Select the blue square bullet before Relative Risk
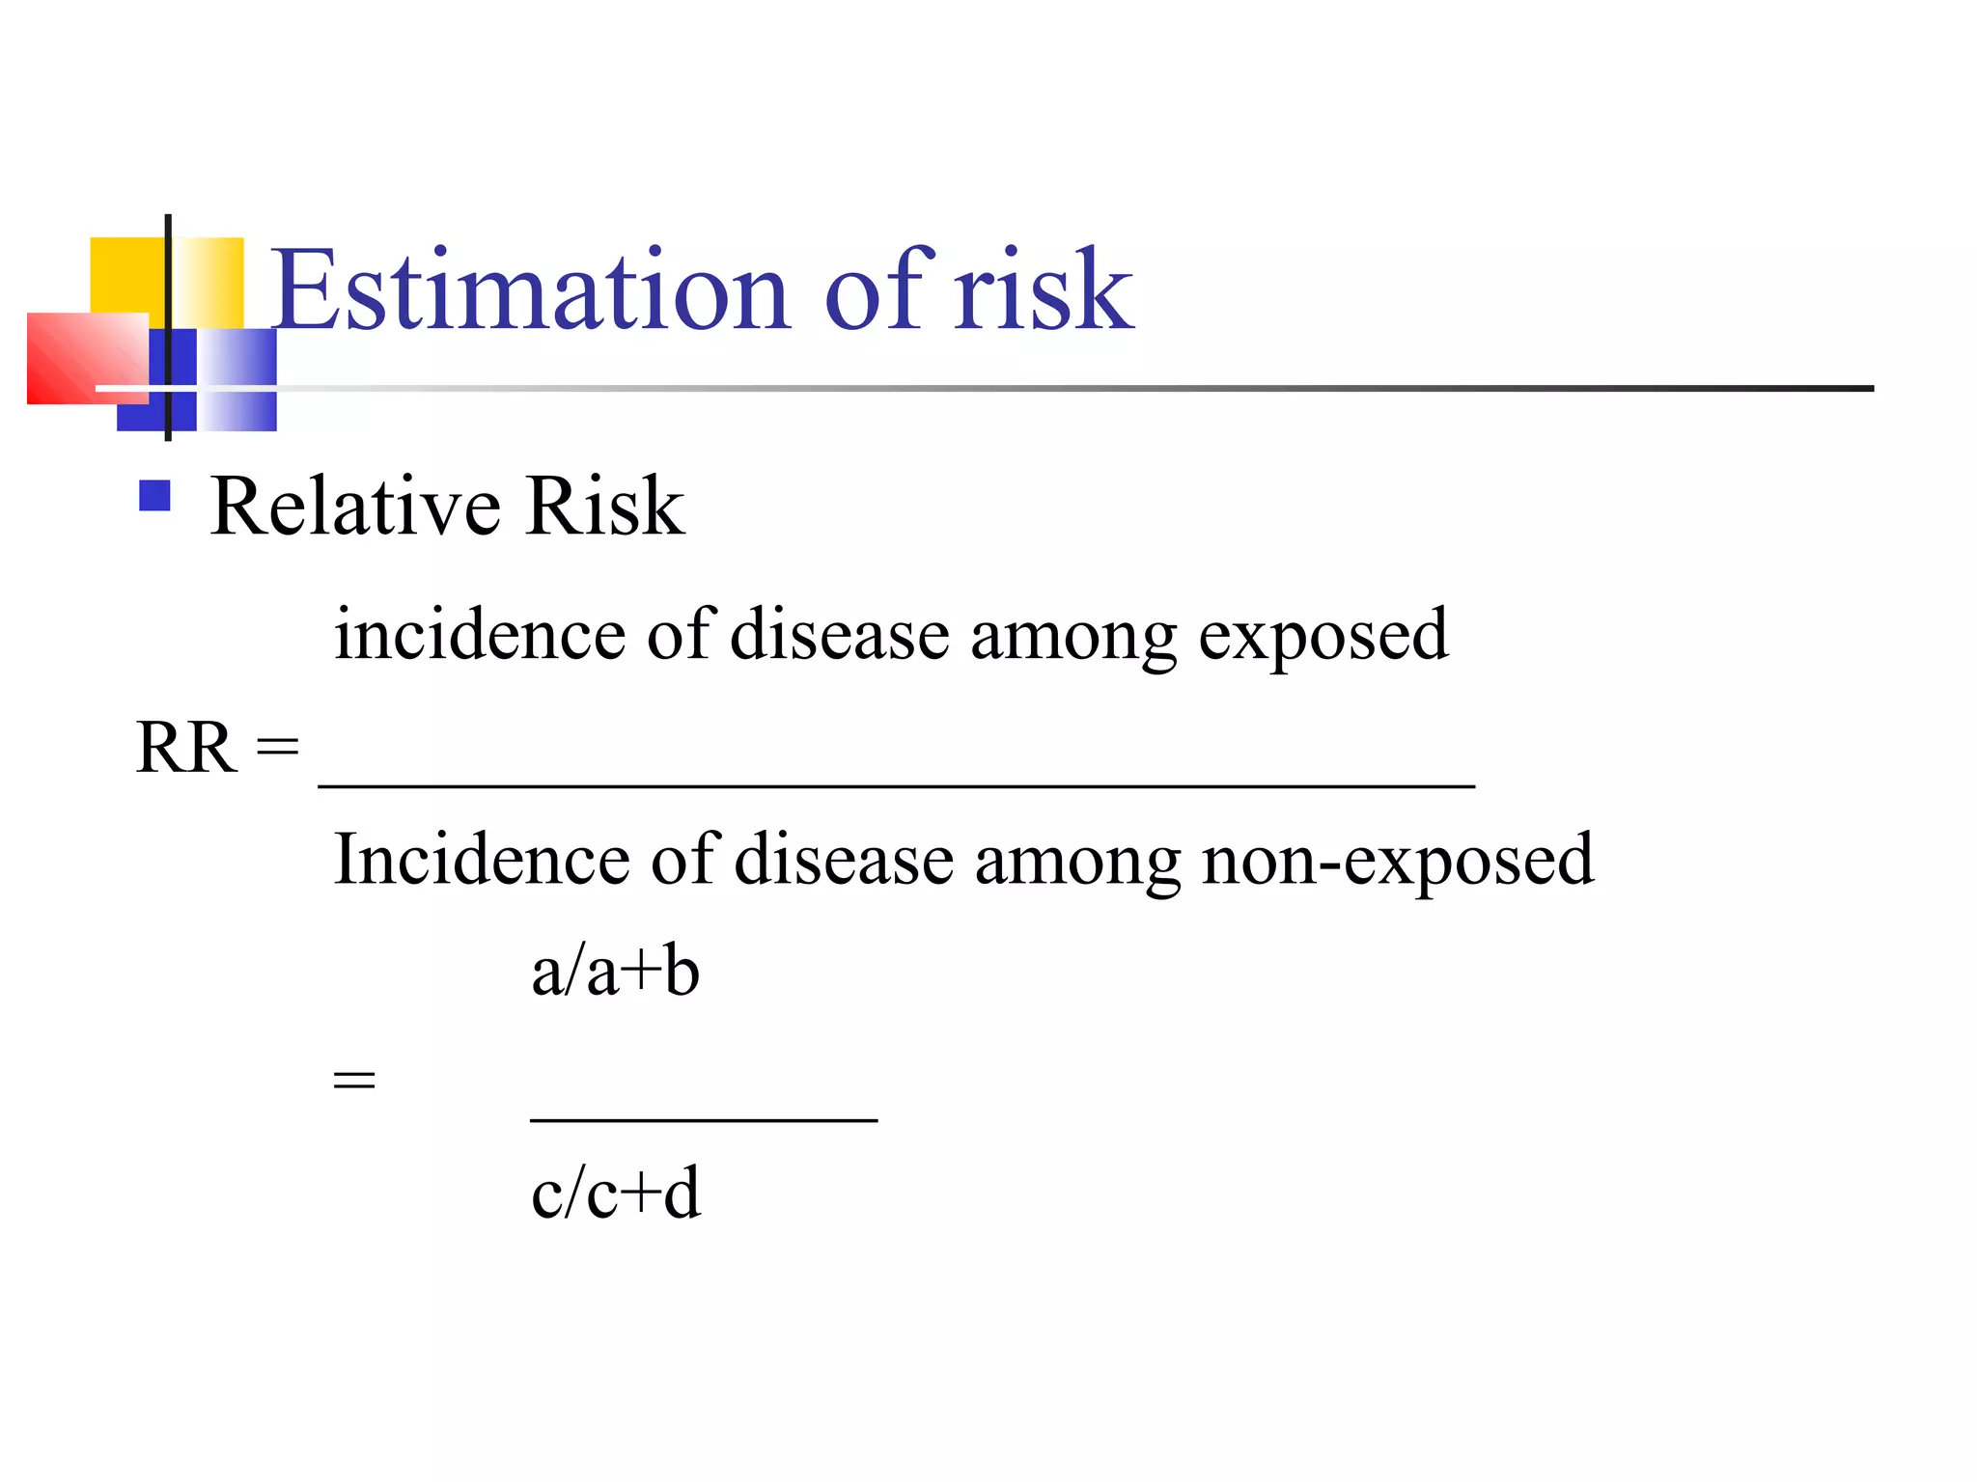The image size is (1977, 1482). click(154, 496)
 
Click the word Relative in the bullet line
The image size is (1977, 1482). click(355, 507)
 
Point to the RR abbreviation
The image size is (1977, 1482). click(186, 748)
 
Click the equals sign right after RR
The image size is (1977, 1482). click(278, 746)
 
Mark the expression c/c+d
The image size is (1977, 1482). click(615, 1194)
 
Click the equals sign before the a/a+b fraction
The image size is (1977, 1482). click(353, 1079)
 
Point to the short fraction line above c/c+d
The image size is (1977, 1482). click(704, 1120)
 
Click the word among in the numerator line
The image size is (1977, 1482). click(1072, 637)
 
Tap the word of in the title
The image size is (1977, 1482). click(878, 289)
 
